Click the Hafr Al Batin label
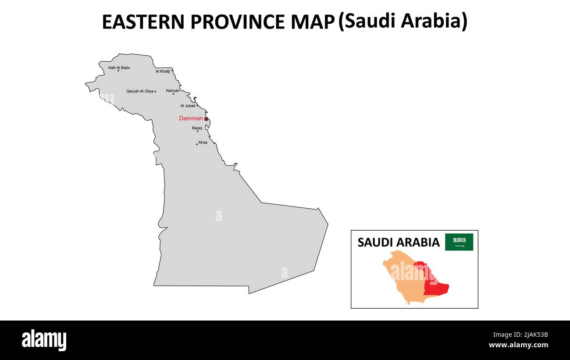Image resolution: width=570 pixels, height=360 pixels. (x=119, y=68)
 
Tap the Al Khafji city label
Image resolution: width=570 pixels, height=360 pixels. (x=162, y=71)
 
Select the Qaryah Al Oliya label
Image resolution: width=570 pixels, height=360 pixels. (x=140, y=91)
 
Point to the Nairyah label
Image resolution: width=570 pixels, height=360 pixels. (x=172, y=90)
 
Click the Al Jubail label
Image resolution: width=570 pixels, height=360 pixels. (x=188, y=106)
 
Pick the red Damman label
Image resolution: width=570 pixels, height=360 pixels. (x=191, y=118)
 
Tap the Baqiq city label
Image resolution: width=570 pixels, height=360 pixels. (x=197, y=128)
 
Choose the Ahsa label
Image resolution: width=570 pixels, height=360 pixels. (x=203, y=143)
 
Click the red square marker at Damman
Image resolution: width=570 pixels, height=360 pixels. (x=206, y=119)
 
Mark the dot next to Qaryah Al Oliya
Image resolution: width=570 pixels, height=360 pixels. (x=155, y=92)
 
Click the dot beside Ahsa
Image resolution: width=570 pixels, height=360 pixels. (x=197, y=144)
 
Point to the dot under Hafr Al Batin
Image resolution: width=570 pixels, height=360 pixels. (x=118, y=71)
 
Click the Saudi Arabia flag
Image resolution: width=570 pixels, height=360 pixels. (x=459, y=242)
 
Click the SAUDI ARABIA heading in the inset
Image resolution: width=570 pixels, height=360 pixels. (x=398, y=242)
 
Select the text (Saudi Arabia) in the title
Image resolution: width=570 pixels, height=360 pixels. (x=403, y=21)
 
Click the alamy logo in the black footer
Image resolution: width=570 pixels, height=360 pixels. (x=44, y=340)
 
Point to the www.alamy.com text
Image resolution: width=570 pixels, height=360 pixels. (x=518, y=345)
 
